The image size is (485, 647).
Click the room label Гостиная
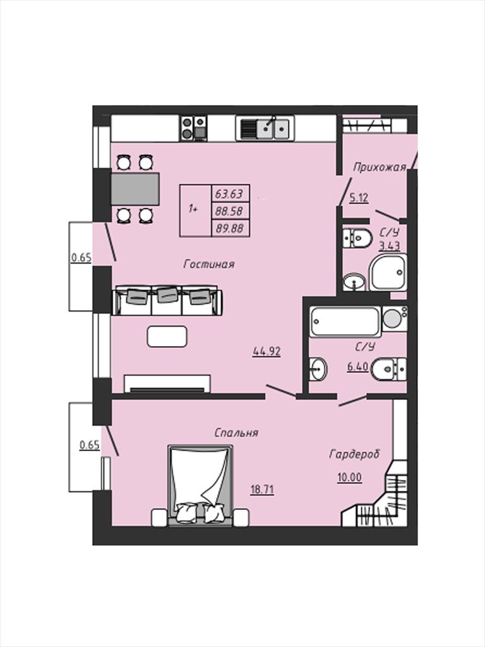[x=208, y=264]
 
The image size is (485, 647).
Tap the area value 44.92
[x=267, y=351]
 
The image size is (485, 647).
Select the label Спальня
[x=236, y=433]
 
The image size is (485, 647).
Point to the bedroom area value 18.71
[x=262, y=490]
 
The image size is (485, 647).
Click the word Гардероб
[x=354, y=454]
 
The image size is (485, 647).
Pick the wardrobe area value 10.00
[x=350, y=478]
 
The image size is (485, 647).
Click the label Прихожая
[x=380, y=167]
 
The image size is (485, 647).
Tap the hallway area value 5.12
[x=359, y=198]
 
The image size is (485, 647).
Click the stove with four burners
[x=193, y=128]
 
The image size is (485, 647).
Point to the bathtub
[x=345, y=322]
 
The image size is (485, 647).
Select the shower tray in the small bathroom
[x=388, y=272]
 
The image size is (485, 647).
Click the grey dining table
[x=135, y=189]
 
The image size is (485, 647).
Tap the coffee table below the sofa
[x=167, y=336]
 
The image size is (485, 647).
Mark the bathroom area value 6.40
[x=357, y=366]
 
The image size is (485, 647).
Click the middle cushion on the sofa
[x=167, y=294]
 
